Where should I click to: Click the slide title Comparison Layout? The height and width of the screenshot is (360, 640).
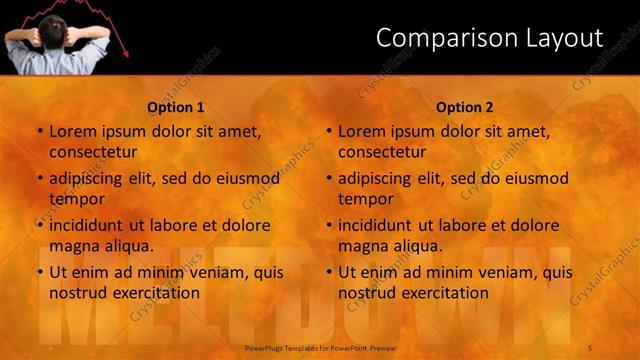[489, 38]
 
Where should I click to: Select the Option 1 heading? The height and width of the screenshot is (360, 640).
[176, 107]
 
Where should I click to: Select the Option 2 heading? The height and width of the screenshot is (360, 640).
[465, 107]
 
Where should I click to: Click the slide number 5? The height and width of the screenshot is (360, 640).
[591, 347]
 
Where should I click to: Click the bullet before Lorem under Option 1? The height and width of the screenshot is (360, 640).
[40, 132]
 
